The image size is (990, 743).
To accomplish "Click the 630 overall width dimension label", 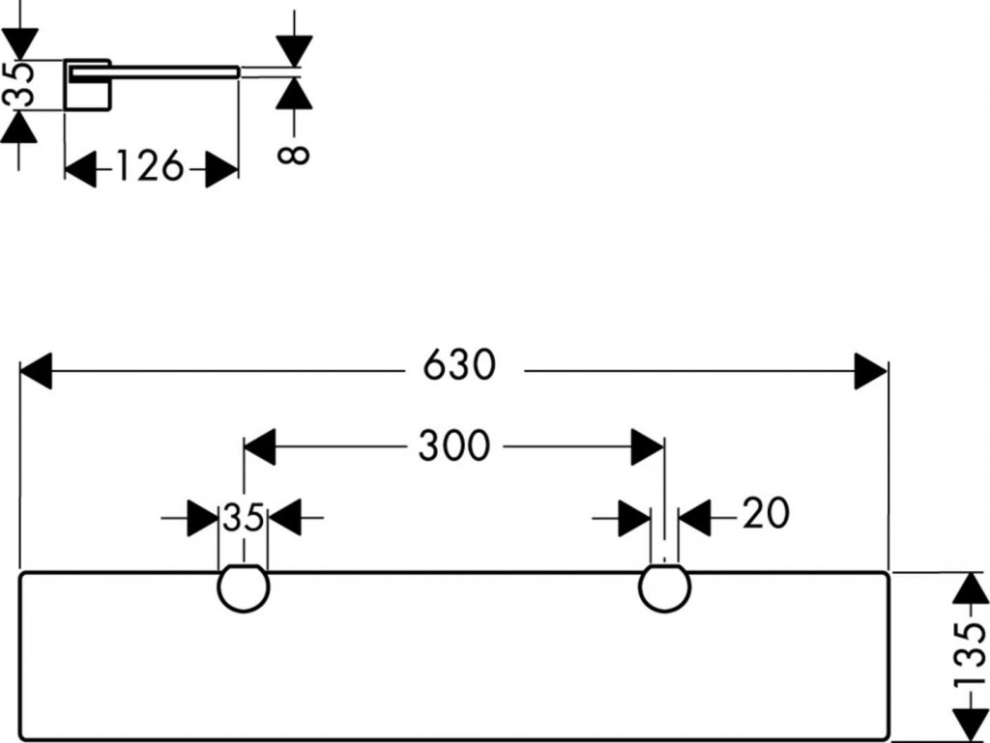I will click(x=459, y=366).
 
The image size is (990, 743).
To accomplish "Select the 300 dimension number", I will click(x=453, y=445).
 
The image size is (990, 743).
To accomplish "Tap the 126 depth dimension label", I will click(x=150, y=167).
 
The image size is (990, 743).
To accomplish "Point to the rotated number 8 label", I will click(x=296, y=152).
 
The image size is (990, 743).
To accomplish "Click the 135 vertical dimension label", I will click(x=969, y=656).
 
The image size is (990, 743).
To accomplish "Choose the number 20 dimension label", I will click(x=766, y=514).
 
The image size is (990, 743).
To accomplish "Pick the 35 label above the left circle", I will click(x=243, y=518).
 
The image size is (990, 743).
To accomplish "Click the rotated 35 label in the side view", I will click(x=17, y=85).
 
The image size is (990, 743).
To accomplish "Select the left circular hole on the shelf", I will click(x=244, y=587).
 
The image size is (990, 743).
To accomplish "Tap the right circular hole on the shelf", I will click(x=665, y=587).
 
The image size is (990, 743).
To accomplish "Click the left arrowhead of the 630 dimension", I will click(x=36, y=371).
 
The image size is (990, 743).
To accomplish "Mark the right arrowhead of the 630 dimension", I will click(x=870, y=371).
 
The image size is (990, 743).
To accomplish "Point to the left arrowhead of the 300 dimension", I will click(x=260, y=447).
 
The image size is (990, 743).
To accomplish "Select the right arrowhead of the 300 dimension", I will click(x=647, y=447).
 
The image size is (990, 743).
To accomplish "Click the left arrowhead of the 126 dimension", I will click(x=80, y=170).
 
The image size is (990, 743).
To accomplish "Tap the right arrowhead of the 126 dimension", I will click(x=222, y=170).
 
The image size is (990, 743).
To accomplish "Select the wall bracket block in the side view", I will click(x=88, y=87).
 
